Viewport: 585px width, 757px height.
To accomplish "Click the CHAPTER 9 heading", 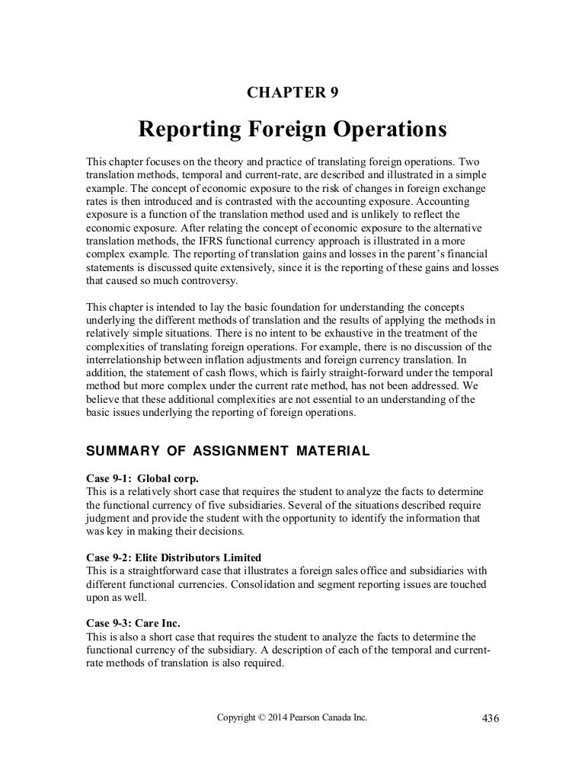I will click(293, 93).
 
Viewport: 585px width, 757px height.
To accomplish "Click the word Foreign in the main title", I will click(292, 130).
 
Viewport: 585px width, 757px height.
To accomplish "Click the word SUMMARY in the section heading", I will click(120, 451).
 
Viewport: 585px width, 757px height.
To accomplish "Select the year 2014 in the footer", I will click(280, 717).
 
